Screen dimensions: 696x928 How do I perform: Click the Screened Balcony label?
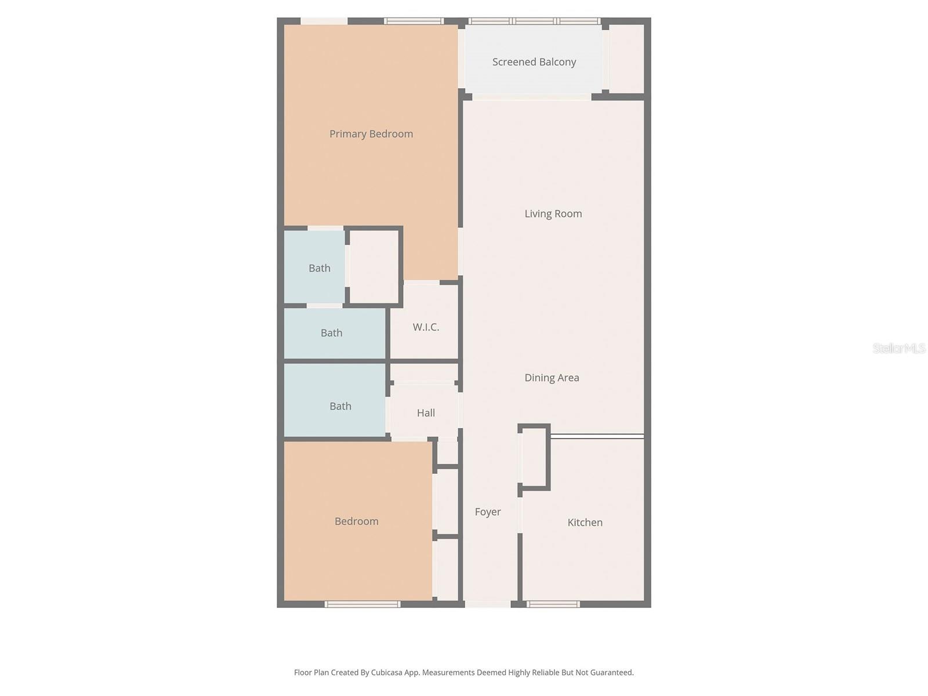(534, 62)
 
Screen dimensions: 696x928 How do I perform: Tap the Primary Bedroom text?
(371, 134)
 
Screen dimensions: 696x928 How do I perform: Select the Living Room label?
(553, 214)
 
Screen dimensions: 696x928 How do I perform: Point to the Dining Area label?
(552, 378)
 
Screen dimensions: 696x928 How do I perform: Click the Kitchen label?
(585, 523)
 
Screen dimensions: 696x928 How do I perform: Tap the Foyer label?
(487, 512)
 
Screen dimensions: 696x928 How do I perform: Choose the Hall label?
(426, 413)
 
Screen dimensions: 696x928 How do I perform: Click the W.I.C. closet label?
(426, 327)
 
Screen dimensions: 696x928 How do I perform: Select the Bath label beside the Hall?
(340, 407)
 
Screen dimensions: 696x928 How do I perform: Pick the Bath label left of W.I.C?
(331, 333)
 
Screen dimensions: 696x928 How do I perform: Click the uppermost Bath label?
(319, 269)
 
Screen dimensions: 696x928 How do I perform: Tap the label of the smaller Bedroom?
(356, 521)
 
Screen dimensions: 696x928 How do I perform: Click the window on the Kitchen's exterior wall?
(553, 604)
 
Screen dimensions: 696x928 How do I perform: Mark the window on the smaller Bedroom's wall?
(362, 604)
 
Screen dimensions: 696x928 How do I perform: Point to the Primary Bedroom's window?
(414, 21)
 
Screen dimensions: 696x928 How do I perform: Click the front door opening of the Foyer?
(488, 604)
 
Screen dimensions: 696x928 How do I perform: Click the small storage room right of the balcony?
(626, 58)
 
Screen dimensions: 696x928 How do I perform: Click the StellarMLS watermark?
(898, 349)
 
